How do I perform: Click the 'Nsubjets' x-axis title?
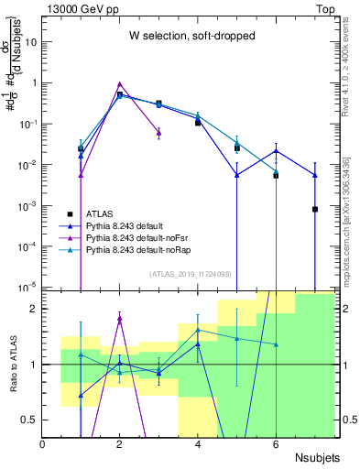click(317, 457)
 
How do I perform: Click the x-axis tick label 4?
click(198, 443)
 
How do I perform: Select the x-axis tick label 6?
click(276, 443)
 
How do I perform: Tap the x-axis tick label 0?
click(43, 443)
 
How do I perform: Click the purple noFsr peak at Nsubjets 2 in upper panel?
click(120, 83)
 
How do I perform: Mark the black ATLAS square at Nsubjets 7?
click(314, 209)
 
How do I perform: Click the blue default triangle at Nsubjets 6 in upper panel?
click(276, 151)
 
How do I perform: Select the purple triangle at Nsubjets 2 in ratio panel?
click(120, 319)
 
